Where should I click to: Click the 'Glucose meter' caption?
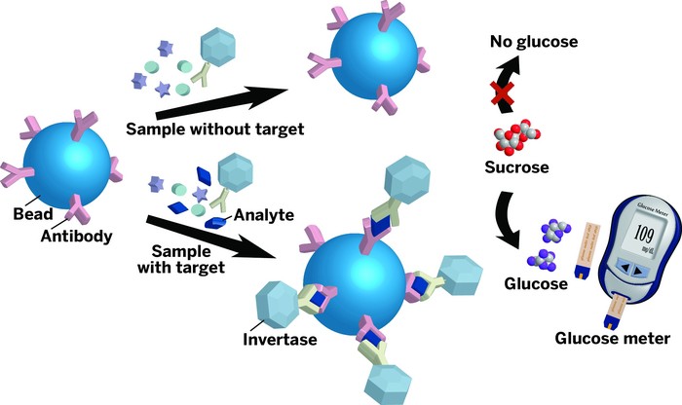612,339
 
